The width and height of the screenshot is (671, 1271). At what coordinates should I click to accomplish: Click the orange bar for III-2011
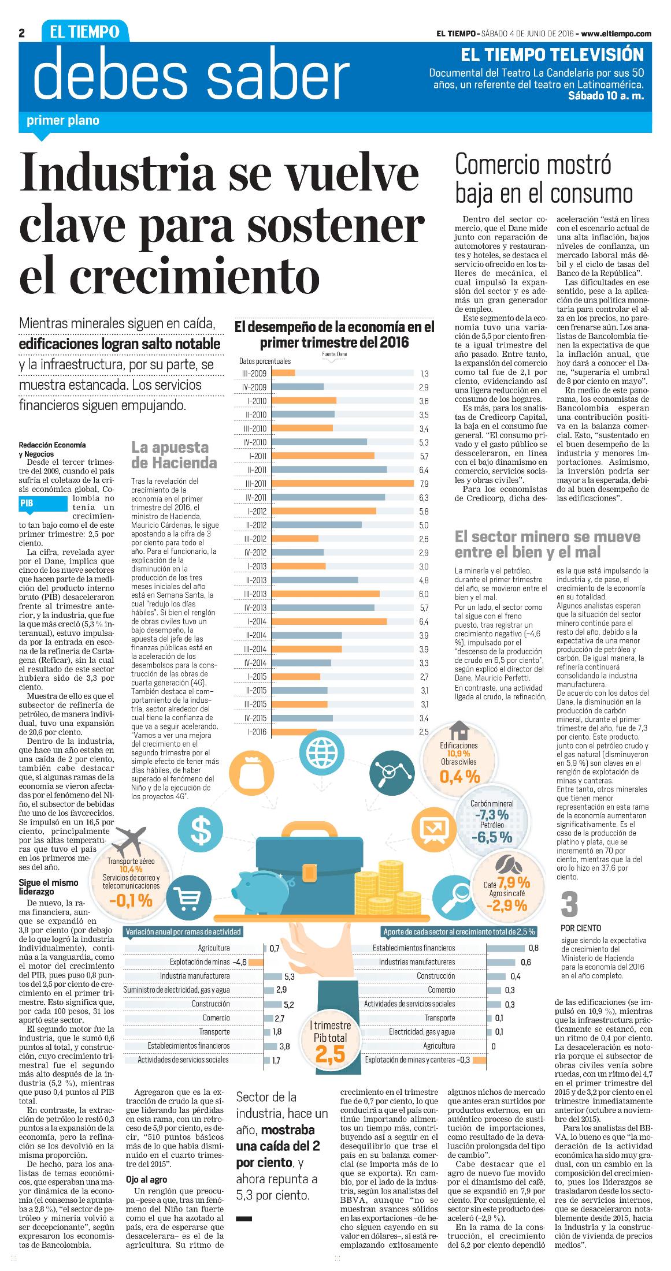tap(342, 483)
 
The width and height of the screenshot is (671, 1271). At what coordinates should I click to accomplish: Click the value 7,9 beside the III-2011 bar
tap(424, 483)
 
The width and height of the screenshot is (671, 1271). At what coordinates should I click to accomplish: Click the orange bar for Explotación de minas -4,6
tap(255, 962)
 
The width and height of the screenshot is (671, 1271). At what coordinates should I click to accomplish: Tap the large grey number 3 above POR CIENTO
tap(569, 904)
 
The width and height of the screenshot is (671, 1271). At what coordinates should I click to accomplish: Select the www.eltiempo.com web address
tap(616, 33)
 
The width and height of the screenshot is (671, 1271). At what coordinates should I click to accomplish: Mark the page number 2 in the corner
tap(22, 33)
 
